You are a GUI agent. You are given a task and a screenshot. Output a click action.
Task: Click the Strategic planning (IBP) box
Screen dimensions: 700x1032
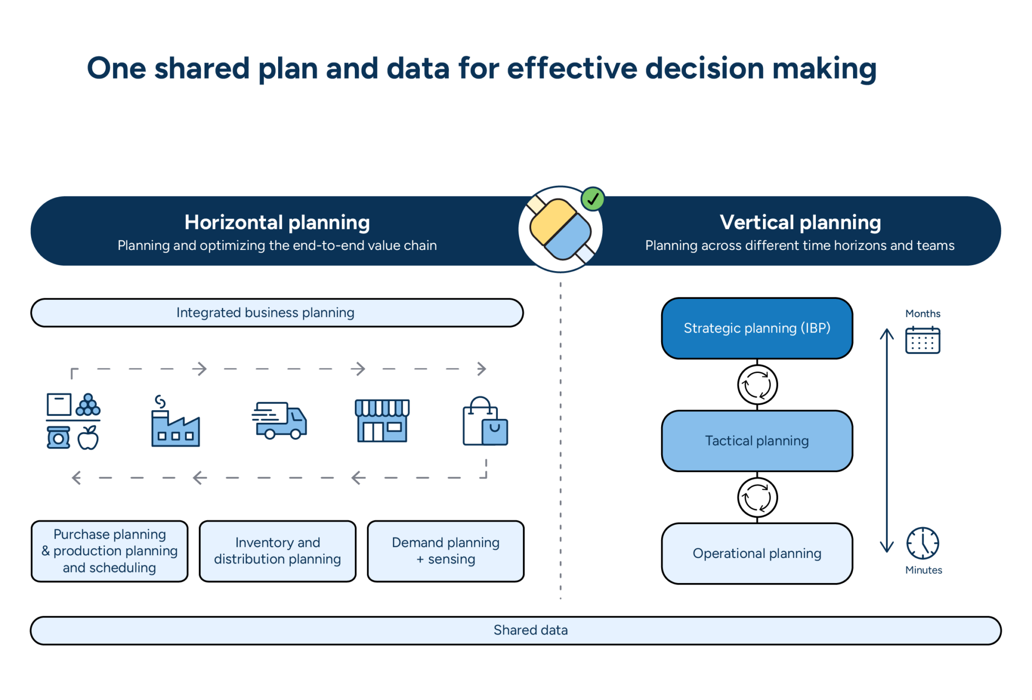pyautogui.click(x=756, y=328)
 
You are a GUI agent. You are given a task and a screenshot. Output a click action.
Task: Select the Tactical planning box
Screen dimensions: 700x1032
pyautogui.click(x=756, y=441)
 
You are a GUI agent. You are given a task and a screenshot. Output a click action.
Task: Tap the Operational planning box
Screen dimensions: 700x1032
pyautogui.click(x=756, y=553)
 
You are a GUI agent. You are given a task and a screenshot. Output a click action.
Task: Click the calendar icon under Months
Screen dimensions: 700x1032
pyautogui.click(x=922, y=340)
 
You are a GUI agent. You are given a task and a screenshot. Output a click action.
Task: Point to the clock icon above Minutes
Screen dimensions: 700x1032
pyautogui.click(x=922, y=543)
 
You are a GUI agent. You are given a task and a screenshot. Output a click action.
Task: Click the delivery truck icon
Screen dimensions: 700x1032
pyautogui.click(x=280, y=420)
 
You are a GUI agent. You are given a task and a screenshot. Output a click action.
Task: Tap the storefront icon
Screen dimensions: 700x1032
pyautogui.click(x=382, y=421)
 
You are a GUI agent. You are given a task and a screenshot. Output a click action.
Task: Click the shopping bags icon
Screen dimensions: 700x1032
pyautogui.click(x=485, y=422)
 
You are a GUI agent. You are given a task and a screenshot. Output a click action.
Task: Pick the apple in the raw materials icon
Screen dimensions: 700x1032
pyautogui.click(x=88, y=438)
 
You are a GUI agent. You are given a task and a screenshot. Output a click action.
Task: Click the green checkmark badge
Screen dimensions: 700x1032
pyautogui.click(x=593, y=199)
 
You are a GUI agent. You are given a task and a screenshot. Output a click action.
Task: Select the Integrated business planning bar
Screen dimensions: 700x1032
pyautogui.click(x=277, y=312)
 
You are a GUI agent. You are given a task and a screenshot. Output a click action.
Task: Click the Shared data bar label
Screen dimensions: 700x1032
pyautogui.click(x=530, y=630)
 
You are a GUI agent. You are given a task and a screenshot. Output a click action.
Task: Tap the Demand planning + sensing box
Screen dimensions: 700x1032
pyautogui.click(x=445, y=551)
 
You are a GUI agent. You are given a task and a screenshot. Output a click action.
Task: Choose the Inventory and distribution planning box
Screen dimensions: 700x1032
pyautogui.click(x=277, y=551)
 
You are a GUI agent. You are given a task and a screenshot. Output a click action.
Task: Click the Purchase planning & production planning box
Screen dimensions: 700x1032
pyautogui.click(x=109, y=551)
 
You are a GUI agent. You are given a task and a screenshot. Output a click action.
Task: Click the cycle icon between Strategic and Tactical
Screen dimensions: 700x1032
pyautogui.click(x=757, y=385)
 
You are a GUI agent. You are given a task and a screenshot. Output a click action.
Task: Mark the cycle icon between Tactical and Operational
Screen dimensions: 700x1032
pyautogui.click(x=757, y=497)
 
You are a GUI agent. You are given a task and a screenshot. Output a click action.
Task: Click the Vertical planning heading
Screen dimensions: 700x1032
pyautogui.click(x=800, y=222)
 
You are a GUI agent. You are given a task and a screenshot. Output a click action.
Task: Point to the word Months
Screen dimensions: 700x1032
pyautogui.click(x=922, y=313)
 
